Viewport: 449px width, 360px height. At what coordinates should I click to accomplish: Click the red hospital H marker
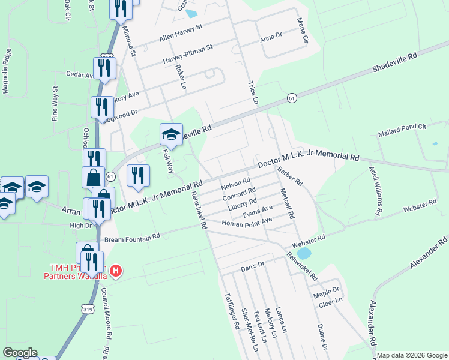[x=116, y=271]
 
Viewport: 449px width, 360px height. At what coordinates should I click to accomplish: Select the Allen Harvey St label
[x=181, y=34]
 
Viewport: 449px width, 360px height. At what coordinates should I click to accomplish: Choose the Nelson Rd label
[x=235, y=183]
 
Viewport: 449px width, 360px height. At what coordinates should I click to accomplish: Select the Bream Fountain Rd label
[x=132, y=238]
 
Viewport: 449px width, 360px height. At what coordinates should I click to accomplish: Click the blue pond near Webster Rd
[x=304, y=254]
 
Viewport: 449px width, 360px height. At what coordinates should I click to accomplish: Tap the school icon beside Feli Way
[x=171, y=134]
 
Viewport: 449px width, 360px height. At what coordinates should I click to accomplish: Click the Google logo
[x=20, y=353]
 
